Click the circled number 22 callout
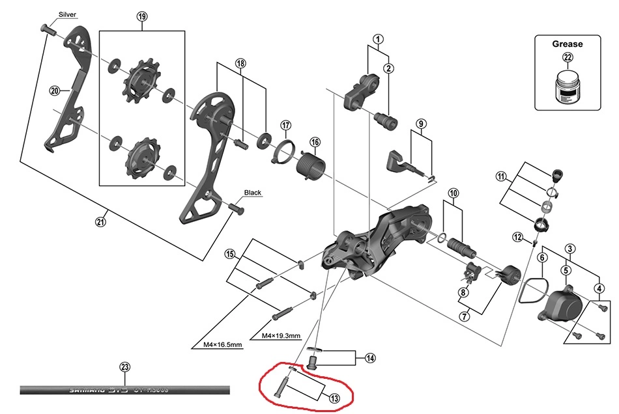[568, 58]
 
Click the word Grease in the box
[568, 44]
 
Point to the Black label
[252, 193]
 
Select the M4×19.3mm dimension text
[281, 336]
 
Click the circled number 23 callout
[125, 367]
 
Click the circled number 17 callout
[285, 125]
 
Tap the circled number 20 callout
[55, 90]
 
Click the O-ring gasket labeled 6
[529, 291]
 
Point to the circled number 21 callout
[100, 222]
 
